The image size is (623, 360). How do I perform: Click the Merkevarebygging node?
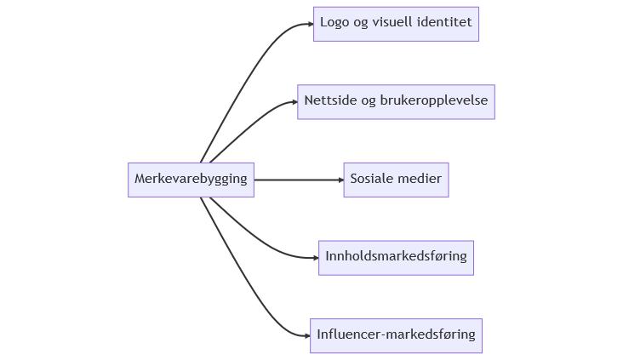coord(191,180)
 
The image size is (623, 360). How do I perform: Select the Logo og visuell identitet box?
coord(396,24)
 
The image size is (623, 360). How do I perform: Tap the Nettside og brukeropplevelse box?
coord(396,101)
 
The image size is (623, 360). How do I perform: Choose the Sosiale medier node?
coord(396,180)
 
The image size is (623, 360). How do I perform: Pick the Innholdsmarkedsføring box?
coord(396,257)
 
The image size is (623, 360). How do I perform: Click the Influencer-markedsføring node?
coord(396,335)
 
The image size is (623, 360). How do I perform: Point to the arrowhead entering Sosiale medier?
coord(340,180)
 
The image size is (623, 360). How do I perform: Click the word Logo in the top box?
coord(334,24)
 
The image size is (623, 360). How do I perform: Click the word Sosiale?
coord(372,180)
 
